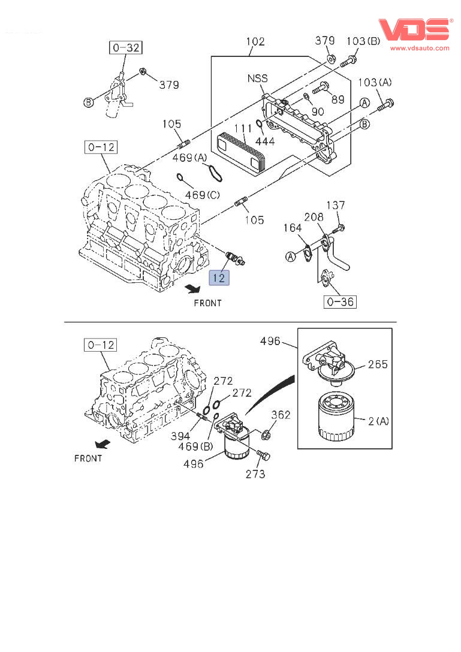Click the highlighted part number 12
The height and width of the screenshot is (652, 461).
coord(219,277)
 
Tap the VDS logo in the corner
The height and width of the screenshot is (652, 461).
coord(414,31)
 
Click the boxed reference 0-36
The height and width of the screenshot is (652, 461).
coord(340,301)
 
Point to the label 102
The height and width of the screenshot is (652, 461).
coord(255,42)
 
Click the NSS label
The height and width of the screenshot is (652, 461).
coord(257,79)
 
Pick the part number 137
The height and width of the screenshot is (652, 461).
coord(335,206)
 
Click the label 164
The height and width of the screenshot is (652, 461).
coord(292,228)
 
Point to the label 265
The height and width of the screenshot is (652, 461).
coord(378,364)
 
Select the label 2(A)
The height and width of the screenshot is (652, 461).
coord(378,421)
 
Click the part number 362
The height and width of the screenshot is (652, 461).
coord(281,415)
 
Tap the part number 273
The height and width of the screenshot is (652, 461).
coord(255,474)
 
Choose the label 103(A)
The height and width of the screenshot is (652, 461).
coord(375,82)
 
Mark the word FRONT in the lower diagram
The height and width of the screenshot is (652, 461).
coord(88,458)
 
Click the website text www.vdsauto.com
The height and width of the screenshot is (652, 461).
coord(420,48)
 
